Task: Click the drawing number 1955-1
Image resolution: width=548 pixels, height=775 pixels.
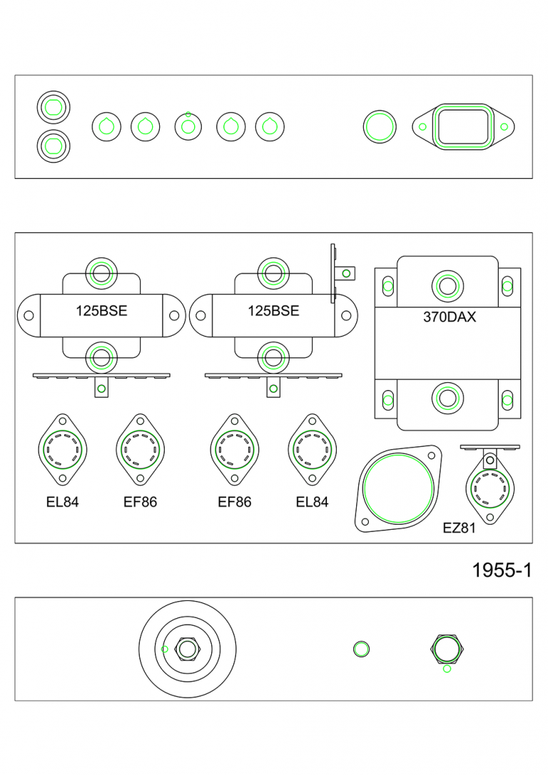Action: [x=502, y=570]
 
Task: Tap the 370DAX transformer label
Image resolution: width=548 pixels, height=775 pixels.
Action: [x=450, y=317]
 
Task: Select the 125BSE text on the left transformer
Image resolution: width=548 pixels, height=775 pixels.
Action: [x=101, y=311]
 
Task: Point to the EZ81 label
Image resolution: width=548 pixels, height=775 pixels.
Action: [x=459, y=528]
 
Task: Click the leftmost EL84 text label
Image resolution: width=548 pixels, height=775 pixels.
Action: [x=62, y=502]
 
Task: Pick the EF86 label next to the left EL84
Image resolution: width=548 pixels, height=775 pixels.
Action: [x=140, y=502]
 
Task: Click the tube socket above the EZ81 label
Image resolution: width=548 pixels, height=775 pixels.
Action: [x=490, y=488]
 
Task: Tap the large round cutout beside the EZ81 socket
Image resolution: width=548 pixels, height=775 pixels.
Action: [x=397, y=489]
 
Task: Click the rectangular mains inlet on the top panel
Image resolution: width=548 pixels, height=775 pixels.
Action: [x=464, y=127]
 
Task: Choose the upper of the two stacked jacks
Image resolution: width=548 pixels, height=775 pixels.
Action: [x=53, y=108]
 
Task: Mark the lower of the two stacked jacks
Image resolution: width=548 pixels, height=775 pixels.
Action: [x=53, y=145]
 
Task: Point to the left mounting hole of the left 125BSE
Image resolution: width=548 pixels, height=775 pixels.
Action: [x=29, y=315]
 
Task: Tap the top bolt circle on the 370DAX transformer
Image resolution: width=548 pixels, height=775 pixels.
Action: [x=448, y=287]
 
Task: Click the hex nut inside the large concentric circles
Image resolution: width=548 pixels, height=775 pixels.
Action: [x=187, y=649]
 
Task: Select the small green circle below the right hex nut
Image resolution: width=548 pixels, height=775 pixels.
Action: [x=447, y=669]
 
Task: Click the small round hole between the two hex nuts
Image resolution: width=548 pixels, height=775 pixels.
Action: [x=362, y=649]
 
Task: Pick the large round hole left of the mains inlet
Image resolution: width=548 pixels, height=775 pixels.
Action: [x=379, y=127]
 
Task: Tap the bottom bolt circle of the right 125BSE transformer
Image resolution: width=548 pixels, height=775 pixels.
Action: [x=273, y=357]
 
